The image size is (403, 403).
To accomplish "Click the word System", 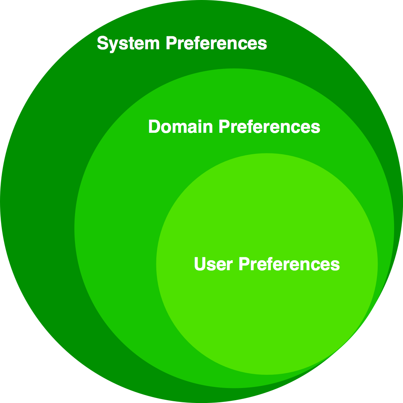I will coord(128,44).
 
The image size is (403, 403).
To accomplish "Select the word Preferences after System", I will coord(216,44).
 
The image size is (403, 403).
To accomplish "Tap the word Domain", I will coord(180,127).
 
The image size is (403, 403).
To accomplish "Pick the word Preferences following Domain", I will coord(269,127).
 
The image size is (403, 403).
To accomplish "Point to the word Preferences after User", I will coord(289,264).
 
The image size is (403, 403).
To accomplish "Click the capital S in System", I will coord(103,44).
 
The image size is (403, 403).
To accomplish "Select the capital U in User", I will coord(200,264).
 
